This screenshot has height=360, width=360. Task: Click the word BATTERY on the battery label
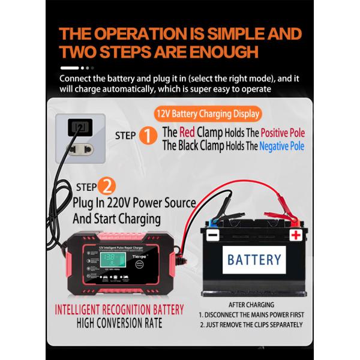(x=254, y=259)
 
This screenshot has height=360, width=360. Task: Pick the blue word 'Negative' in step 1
(x=282, y=146)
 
